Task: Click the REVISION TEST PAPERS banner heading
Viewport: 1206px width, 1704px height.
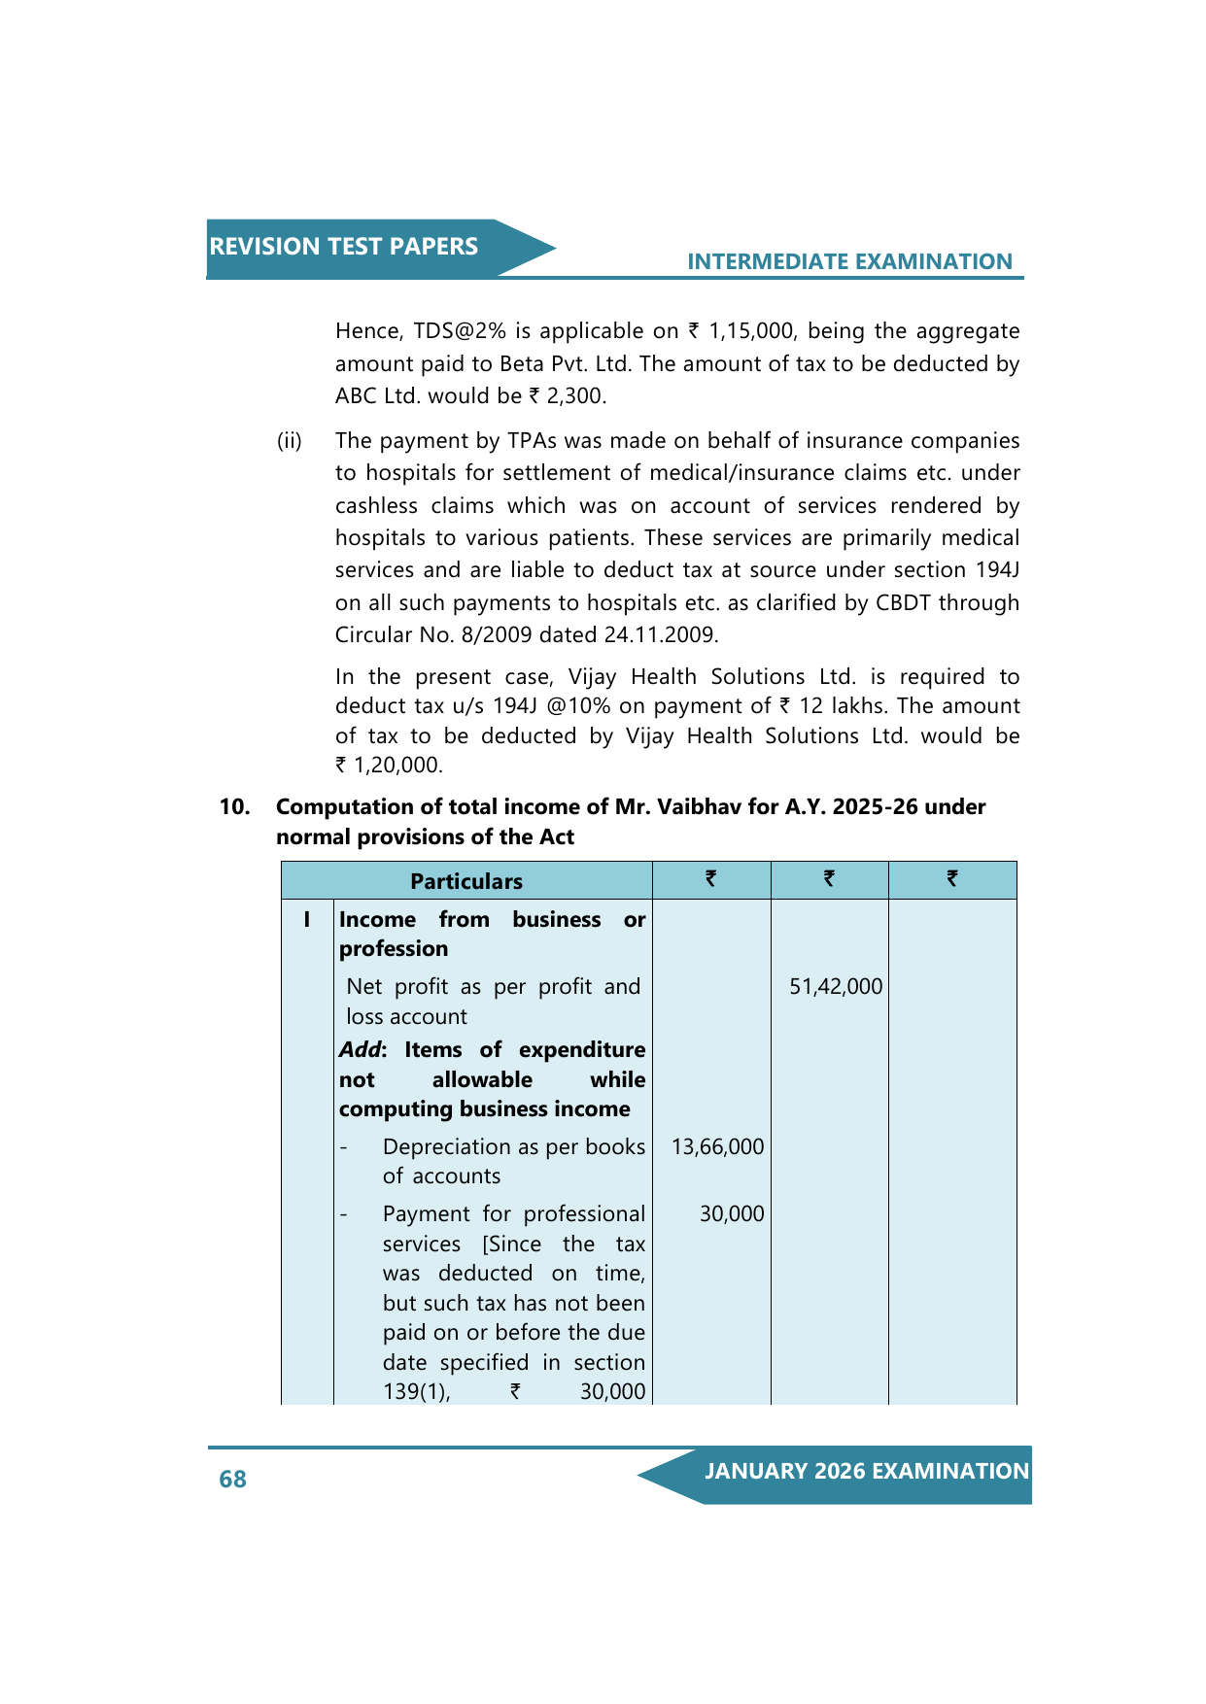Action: point(343,247)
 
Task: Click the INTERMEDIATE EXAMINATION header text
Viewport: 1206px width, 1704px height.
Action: point(849,261)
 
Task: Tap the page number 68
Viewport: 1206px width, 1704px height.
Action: point(232,1479)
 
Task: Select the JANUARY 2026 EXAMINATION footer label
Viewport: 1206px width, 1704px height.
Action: point(866,1471)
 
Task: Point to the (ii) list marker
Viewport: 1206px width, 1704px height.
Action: point(290,441)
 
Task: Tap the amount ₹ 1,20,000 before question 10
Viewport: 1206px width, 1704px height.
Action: point(389,766)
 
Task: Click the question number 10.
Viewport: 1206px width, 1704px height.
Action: point(233,807)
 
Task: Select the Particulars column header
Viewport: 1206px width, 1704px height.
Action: point(465,881)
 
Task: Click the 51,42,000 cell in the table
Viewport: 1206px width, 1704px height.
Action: point(835,987)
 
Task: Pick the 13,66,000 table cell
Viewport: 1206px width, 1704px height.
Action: point(717,1147)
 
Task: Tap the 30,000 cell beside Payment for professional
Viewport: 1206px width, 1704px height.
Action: point(731,1214)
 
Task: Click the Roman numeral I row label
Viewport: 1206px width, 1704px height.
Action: point(307,919)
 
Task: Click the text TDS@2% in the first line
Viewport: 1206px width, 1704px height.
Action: point(460,331)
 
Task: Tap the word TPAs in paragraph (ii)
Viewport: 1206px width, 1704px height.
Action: point(532,441)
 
